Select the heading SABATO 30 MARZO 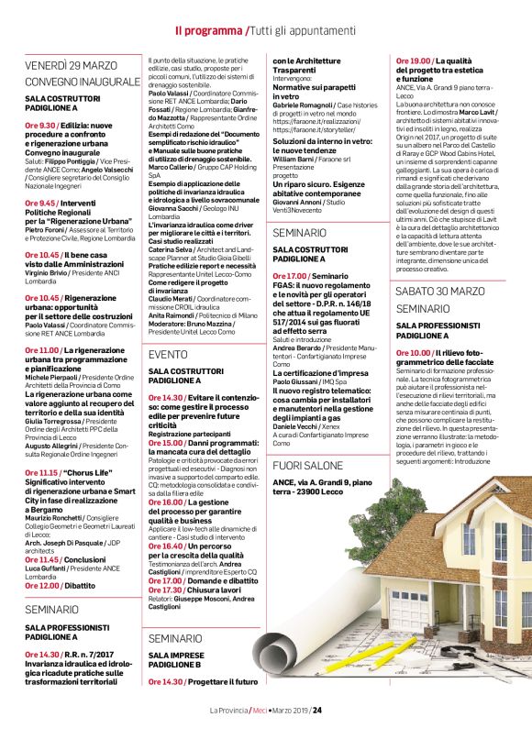[x=439, y=291]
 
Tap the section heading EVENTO [x=168, y=354]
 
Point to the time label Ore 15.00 [x=166, y=443]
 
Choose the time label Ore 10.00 [x=415, y=353]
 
